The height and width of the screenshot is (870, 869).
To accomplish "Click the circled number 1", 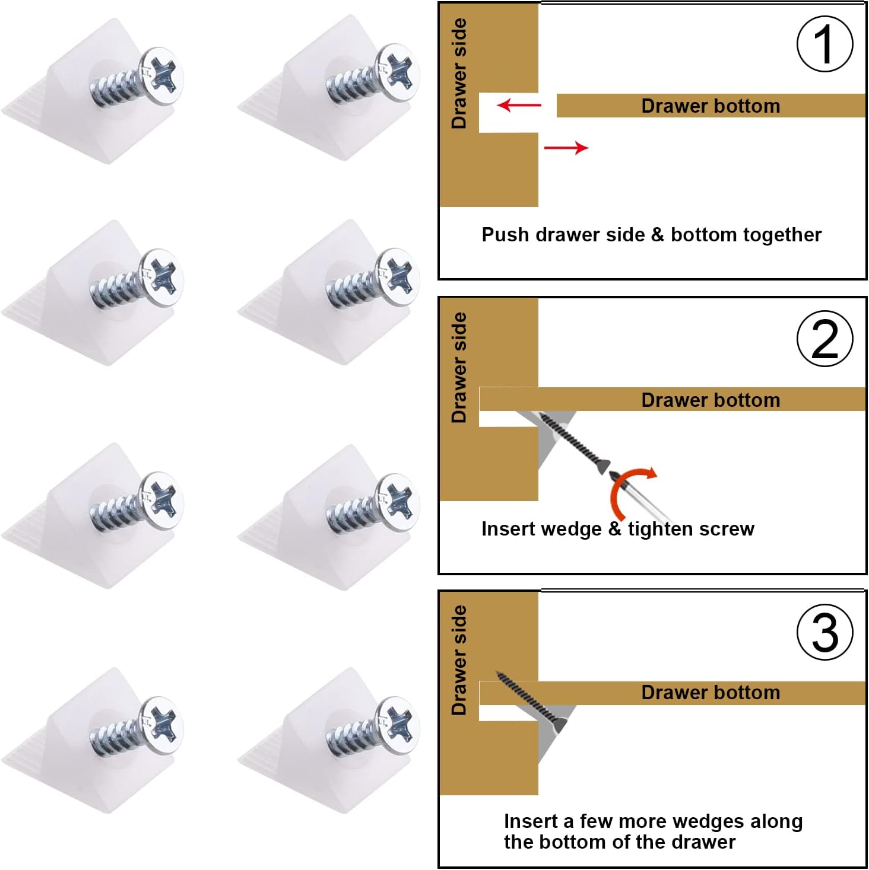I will (824, 44).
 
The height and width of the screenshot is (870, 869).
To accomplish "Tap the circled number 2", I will (824, 339).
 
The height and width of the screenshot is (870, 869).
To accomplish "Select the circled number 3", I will (824, 632).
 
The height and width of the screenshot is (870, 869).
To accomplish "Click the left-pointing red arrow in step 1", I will (519, 106).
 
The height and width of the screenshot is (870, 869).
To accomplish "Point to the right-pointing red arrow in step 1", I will (566, 148).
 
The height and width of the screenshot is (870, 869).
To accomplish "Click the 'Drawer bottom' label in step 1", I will (711, 106).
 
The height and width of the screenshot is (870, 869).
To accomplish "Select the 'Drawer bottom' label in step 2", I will (711, 400).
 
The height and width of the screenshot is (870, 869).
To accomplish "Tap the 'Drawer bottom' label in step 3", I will (711, 693).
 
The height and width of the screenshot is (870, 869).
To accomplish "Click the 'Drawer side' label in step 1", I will (459, 74).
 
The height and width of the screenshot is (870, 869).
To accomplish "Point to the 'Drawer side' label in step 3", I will (459, 660).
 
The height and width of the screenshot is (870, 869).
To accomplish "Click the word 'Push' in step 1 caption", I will (505, 235).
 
